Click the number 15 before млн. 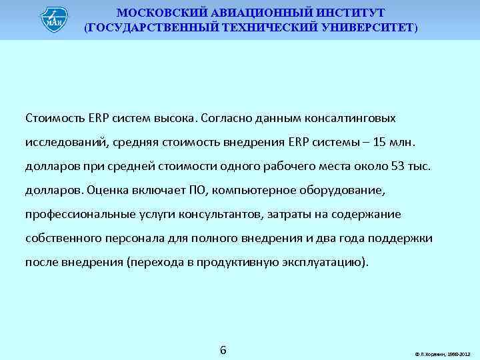tap(379, 142)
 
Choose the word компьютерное tap(250, 190)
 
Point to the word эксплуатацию tap(325, 262)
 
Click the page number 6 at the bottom tap(223, 350)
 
